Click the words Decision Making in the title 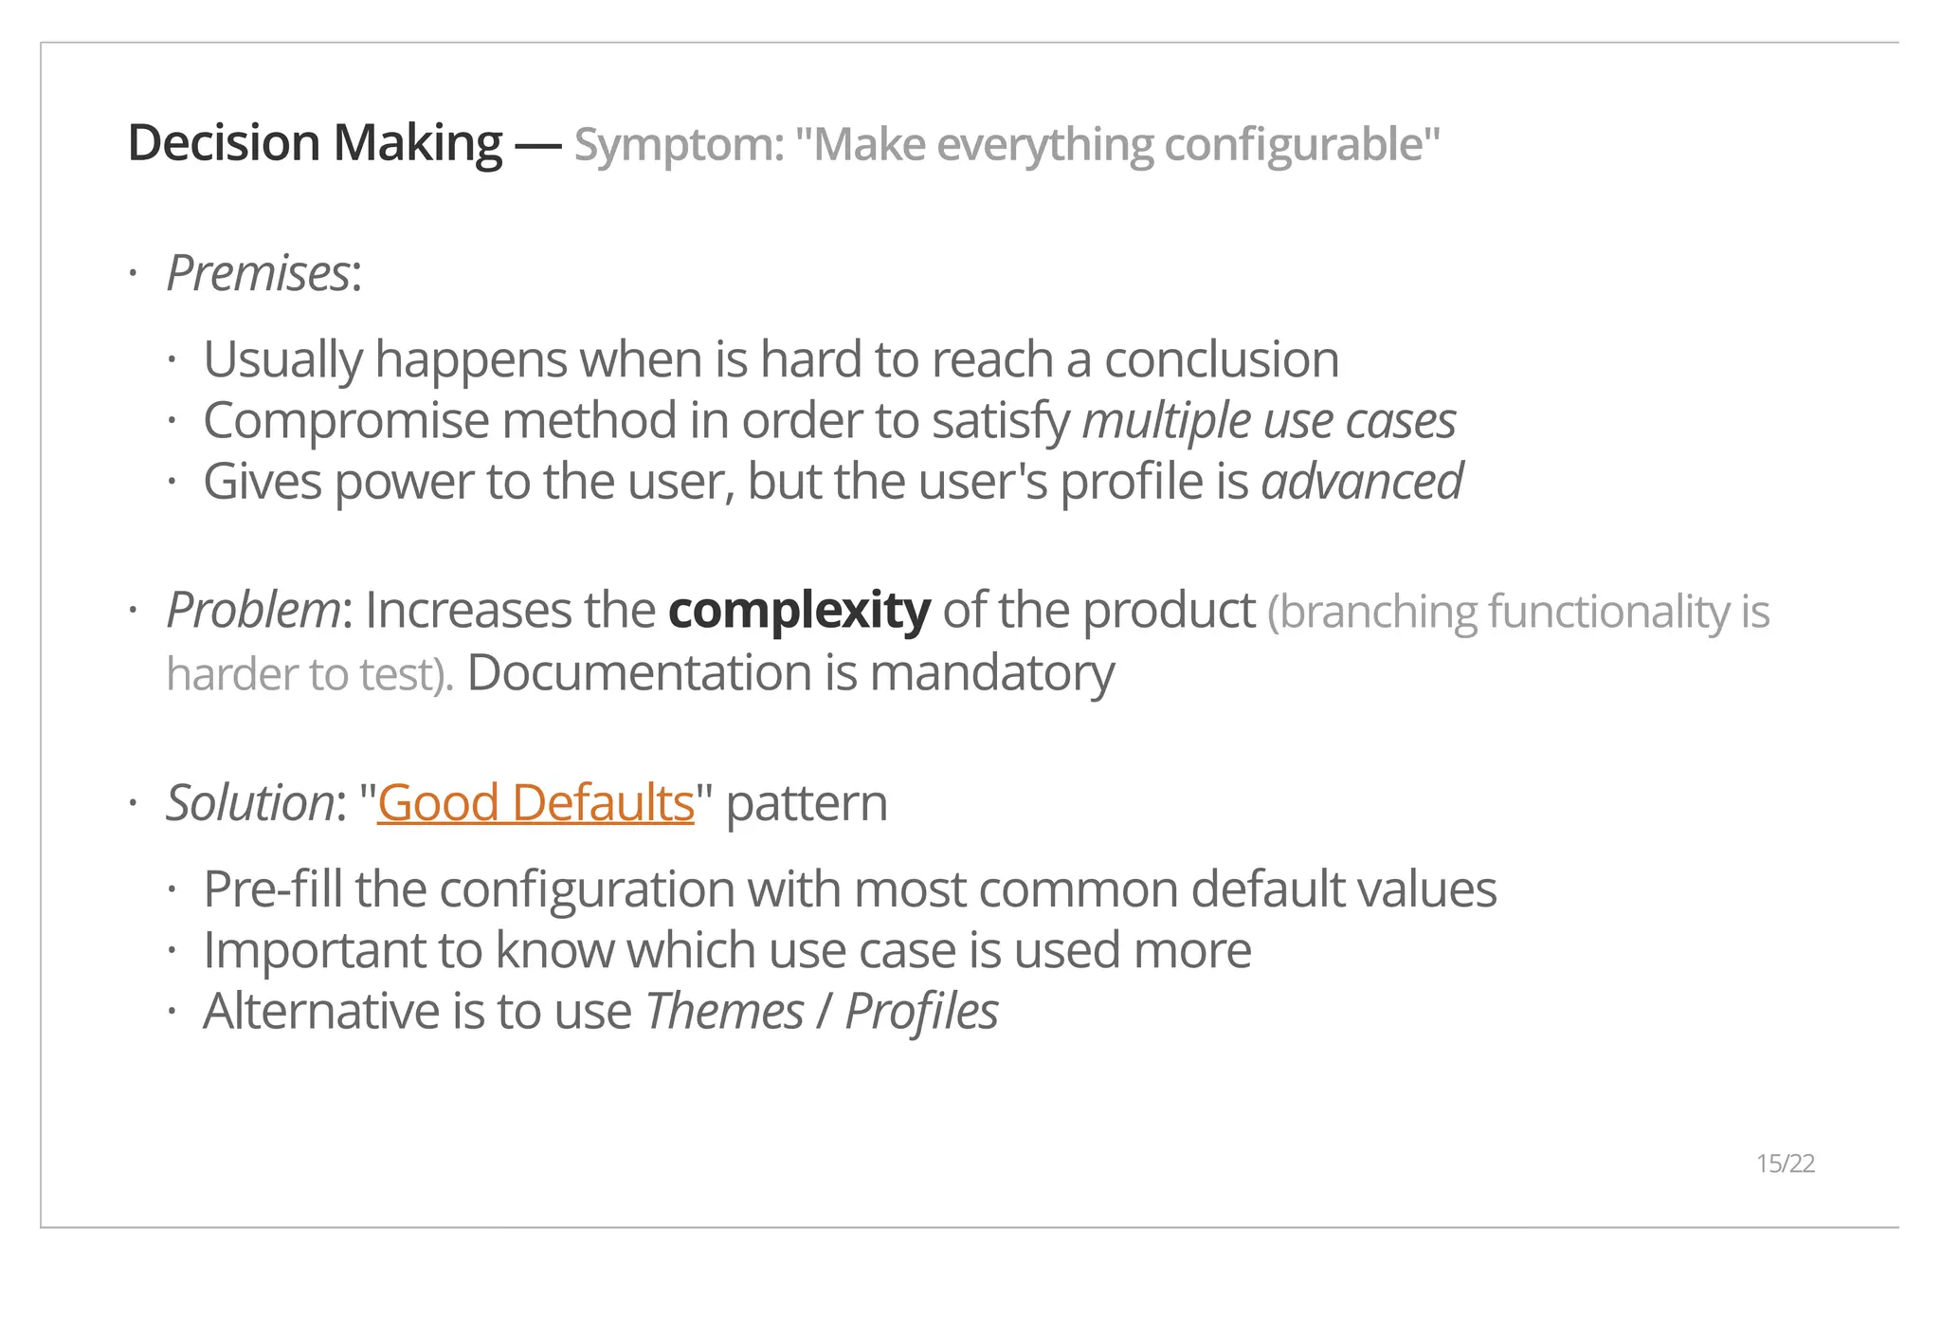pos(315,143)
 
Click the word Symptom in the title pos(678,145)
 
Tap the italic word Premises pos(258,274)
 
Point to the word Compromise pos(346,421)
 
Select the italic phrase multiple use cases pos(1269,421)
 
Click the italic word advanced pos(1362,482)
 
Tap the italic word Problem pos(252,610)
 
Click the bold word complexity pos(799,610)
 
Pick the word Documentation pos(640,673)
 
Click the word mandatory pos(991,673)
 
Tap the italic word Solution pos(249,803)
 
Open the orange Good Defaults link pos(535,803)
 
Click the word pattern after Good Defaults pos(807,803)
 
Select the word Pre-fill pos(272,889)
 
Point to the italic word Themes pos(724,1011)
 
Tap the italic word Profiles pos(921,1011)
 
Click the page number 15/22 pos(1785,1163)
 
